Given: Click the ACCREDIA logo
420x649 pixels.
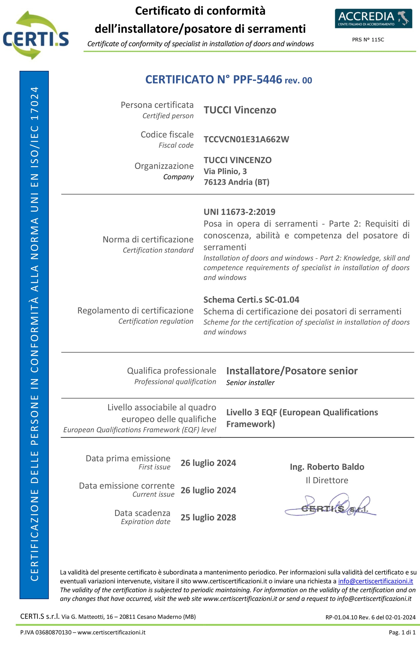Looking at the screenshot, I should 373,18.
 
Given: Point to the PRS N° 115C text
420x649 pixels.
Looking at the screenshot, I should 368,40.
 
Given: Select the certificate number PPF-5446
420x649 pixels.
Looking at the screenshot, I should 257,80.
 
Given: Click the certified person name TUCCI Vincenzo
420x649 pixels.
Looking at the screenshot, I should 240,110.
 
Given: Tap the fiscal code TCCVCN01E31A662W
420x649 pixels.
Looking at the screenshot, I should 246,139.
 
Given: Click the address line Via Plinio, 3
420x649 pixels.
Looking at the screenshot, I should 225,171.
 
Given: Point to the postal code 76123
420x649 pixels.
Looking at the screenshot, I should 214,182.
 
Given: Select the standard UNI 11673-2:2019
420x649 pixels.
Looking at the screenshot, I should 239,212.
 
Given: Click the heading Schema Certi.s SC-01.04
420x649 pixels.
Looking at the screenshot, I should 251,300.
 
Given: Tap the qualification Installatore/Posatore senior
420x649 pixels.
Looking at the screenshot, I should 292,371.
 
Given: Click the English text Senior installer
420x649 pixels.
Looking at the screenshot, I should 250,383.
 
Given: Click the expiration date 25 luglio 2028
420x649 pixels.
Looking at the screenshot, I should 208,517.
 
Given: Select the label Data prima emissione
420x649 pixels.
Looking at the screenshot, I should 128,459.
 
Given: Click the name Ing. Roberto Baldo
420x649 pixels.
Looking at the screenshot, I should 327,467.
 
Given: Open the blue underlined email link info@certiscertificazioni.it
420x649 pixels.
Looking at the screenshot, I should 375,581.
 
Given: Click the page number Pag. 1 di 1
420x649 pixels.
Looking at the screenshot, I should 402,632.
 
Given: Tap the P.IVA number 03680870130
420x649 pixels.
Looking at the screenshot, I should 53,632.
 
